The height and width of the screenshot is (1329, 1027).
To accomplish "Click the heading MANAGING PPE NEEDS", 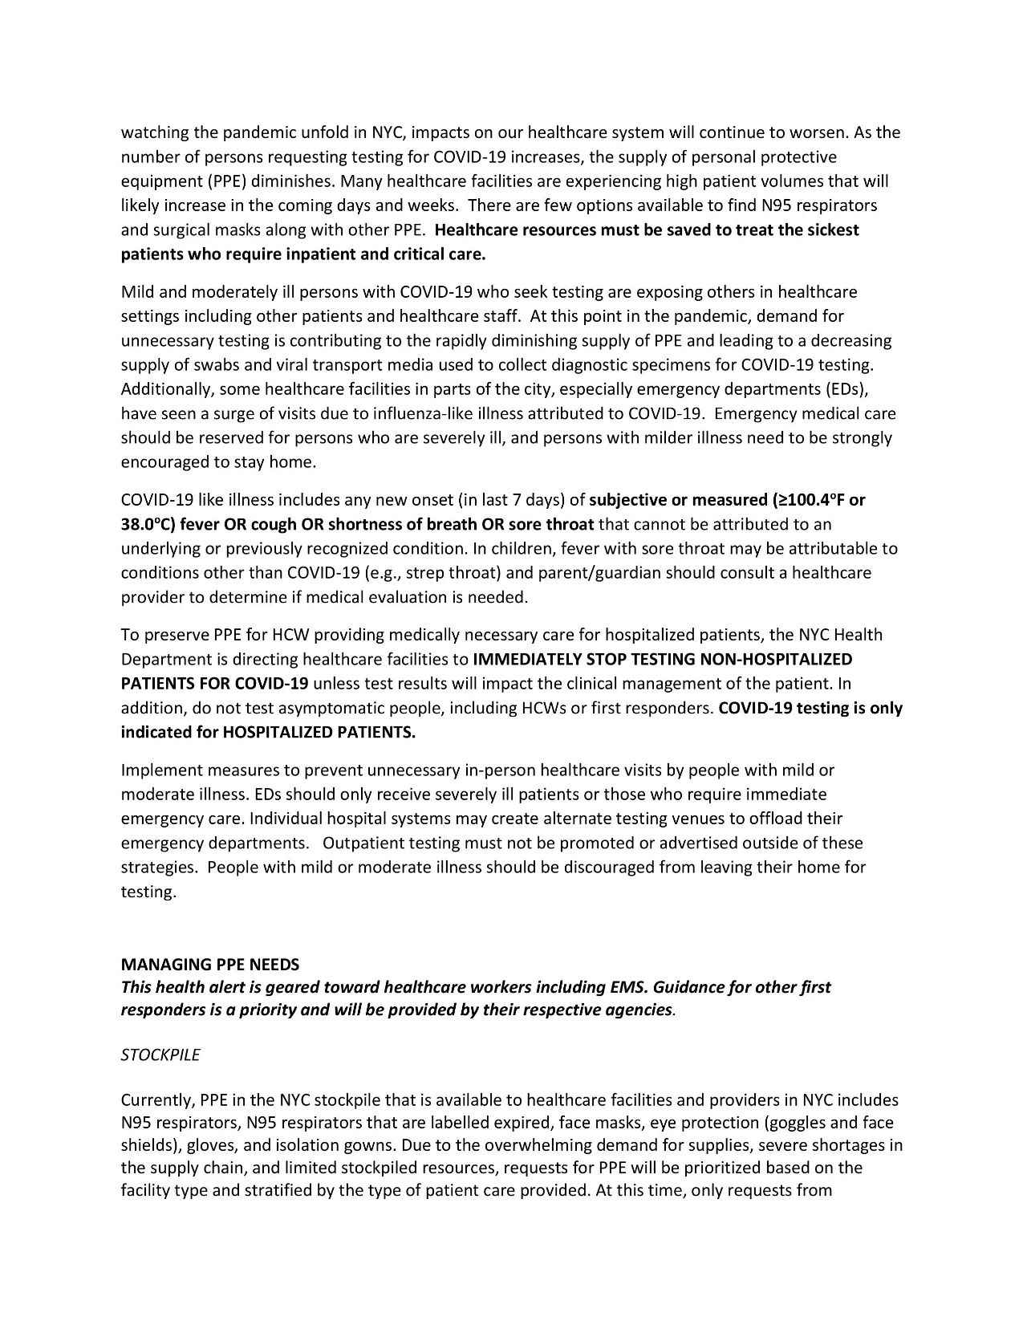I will coord(209,963).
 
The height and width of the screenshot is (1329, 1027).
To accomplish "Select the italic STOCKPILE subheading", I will coord(160,1055).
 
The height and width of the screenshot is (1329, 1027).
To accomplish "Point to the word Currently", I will coord(156,1099).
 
